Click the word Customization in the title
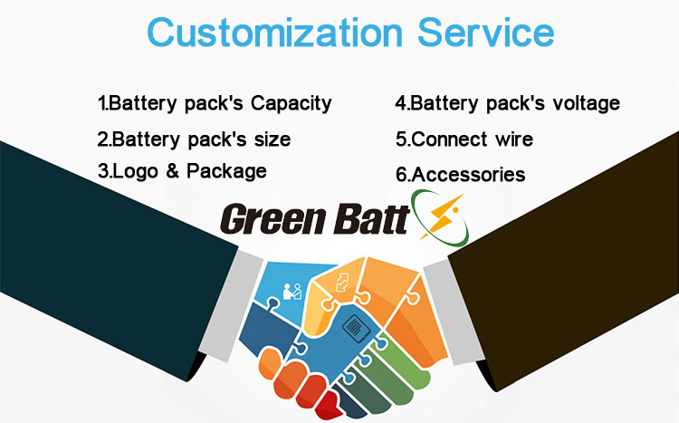coord(275,33)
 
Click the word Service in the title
coord(486,33)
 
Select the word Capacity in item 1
coord(292,104)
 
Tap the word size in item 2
coord(273,139)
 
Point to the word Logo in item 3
coord(135,171)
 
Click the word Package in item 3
coord(226,171)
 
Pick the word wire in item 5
coord(514,139)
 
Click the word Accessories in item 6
coord(469,174)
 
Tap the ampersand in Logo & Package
coord(172,170)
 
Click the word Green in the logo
coord(273,219)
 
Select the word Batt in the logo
coord(371,219)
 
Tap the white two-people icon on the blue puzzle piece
coord(292,292)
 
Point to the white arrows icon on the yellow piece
coord(342,283)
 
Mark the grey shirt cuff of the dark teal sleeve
coord(232,306)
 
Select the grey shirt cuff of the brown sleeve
coord(454,312)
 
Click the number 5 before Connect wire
coord(401,139)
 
